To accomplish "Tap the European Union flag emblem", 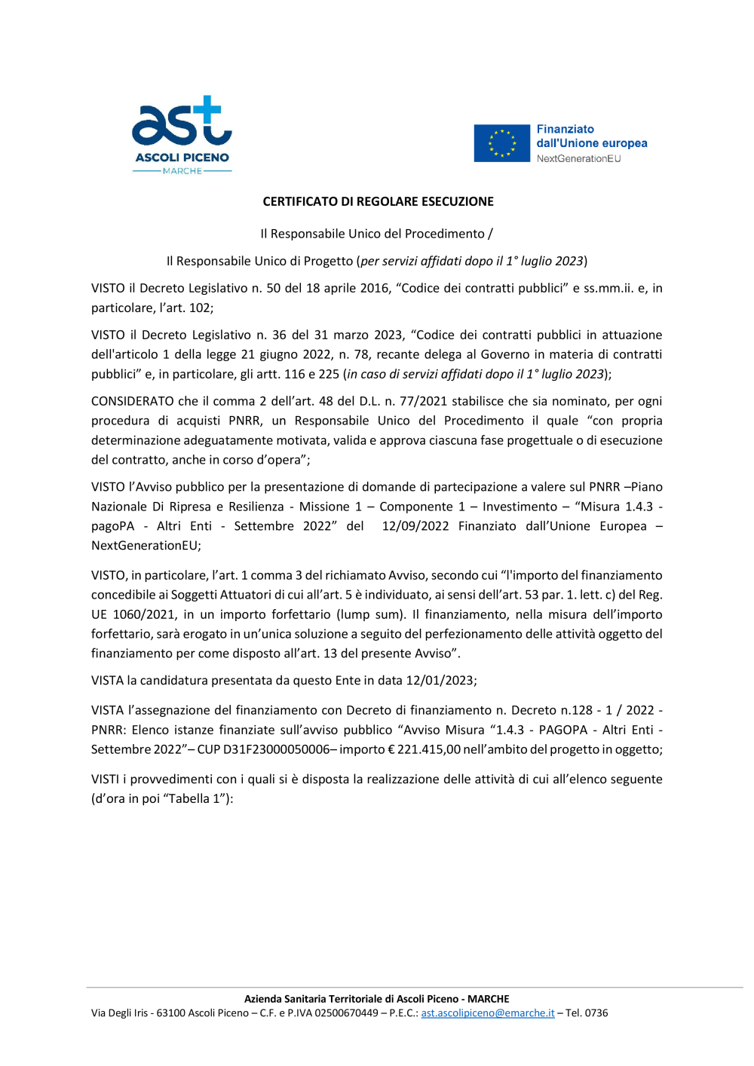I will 501,143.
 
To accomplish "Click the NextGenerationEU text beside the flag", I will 578,159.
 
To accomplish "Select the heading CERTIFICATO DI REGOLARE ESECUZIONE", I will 378,201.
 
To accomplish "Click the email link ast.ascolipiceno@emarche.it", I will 487,1013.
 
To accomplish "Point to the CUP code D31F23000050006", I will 276,749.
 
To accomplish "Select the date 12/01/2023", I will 440,681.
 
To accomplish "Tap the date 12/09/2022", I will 415,526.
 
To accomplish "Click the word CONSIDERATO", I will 132,401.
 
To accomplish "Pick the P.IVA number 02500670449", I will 346,1013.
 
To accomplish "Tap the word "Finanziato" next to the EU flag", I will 565,130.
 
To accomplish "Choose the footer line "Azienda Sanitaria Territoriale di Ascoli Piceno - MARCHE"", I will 376,999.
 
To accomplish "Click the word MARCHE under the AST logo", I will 182,171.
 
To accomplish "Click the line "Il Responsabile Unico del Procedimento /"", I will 376,234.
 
